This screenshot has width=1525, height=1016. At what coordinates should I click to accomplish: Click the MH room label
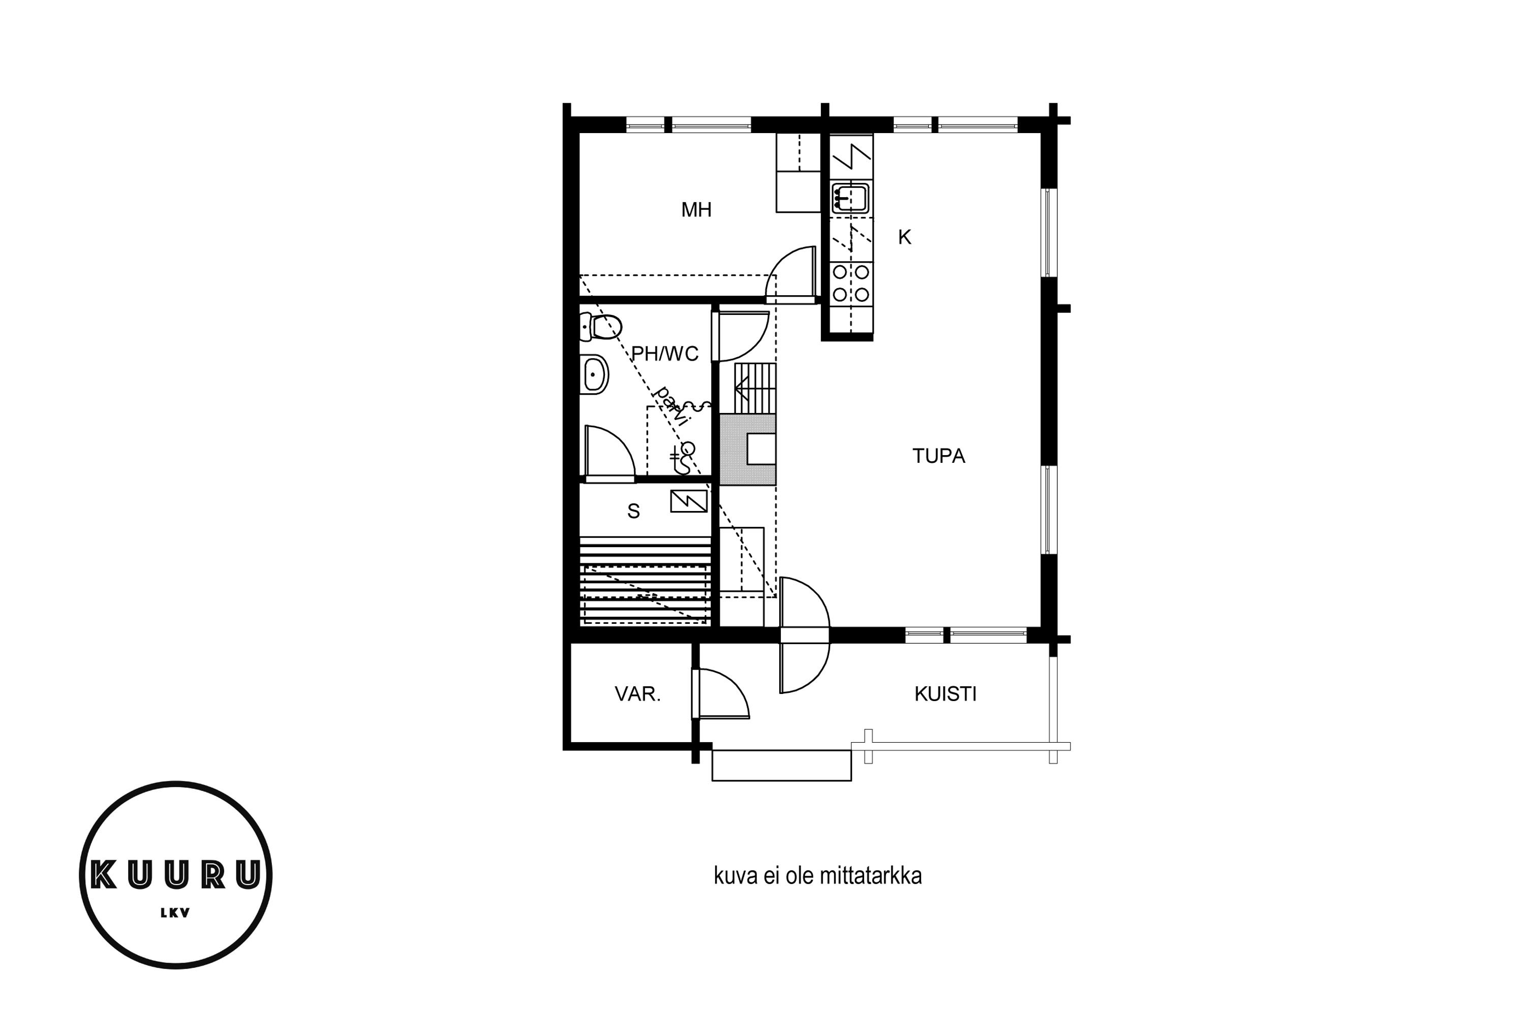point(696,210)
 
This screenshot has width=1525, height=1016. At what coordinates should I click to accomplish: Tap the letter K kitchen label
point(904,238)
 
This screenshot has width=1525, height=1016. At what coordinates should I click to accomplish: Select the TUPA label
point(938,456)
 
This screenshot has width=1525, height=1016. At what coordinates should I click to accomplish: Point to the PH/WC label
point(664,354)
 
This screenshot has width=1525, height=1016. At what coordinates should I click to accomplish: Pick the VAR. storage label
point(637,694)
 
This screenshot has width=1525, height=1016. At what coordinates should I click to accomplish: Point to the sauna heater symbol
point(689,501)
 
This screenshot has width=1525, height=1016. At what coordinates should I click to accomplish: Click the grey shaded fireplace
point(748,450)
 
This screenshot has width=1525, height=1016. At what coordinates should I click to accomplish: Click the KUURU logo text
point(176,875)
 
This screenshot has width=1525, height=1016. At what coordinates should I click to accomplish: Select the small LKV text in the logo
point(175,913)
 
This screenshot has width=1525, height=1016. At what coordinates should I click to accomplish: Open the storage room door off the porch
point(721,694)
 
